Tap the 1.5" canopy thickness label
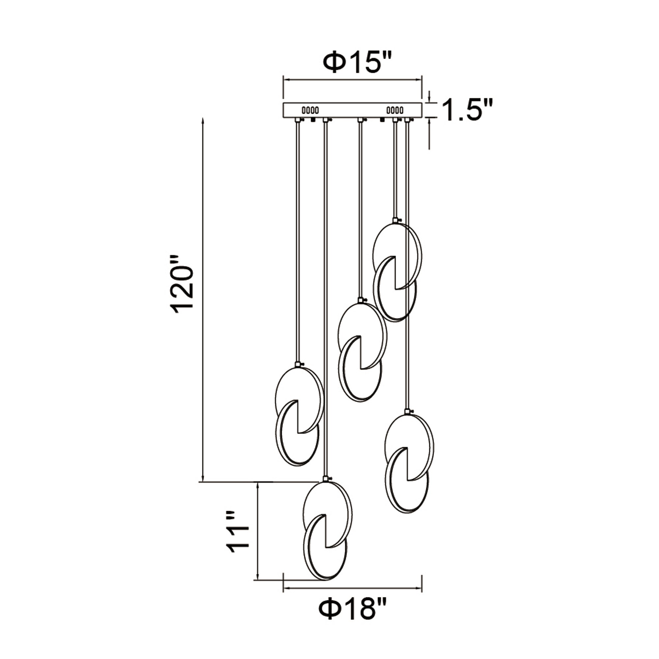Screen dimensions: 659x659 (x=467, y=110)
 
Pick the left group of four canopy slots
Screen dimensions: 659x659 (x=310, y=110)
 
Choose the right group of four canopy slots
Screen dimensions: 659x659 (x=395, y=110)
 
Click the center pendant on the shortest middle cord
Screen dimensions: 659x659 (x=361, y=351)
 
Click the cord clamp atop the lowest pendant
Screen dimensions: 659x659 (x=327, y=478)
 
